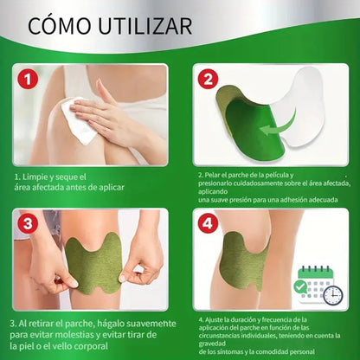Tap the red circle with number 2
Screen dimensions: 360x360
tap(208, 79)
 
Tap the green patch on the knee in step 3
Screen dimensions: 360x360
tap(96, 251)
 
